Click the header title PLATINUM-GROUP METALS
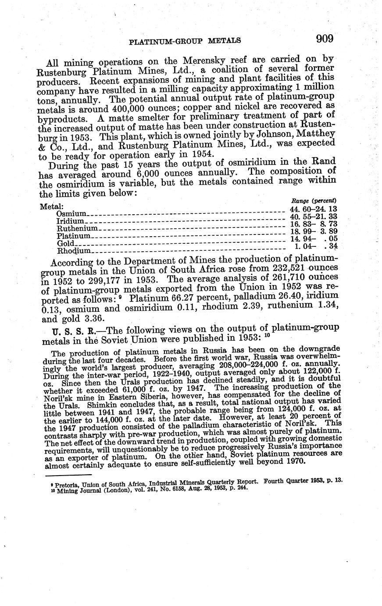pyautogui.click(x=185, y=41)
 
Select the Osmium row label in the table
pyautogui.click(x=71, y=214)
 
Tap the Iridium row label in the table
pyautogui.click(x=70, y=221)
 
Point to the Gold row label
pyautogui.click(x=66, y=243)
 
